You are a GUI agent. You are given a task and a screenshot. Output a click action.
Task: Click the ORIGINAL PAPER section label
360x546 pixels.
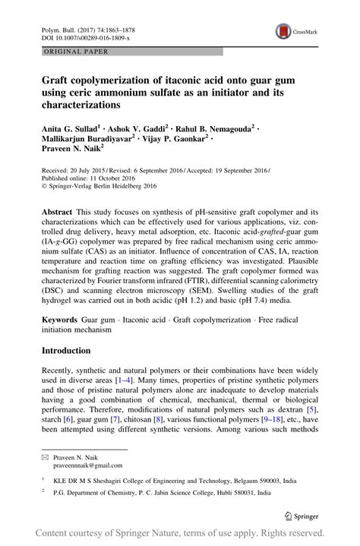(65, 52)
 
